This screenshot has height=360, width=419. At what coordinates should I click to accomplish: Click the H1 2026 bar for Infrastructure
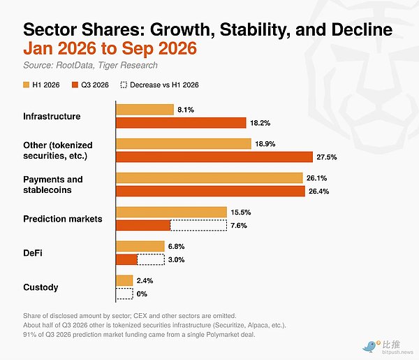[x=145, y=110]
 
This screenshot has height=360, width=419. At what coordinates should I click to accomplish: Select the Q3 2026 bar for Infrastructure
[x=181, y=123]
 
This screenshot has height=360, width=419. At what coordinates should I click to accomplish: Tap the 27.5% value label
[x=327, y=157]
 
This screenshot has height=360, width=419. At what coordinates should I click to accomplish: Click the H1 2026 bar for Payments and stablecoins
[x=209, y=178]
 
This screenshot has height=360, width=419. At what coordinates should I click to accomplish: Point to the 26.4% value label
[x=319, y=192]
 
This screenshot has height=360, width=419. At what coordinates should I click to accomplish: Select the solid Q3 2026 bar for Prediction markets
[x=143, y=226]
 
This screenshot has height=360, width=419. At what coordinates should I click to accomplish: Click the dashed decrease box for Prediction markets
[x=198, y=226]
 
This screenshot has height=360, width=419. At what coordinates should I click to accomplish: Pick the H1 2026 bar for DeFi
[x=140, y=246]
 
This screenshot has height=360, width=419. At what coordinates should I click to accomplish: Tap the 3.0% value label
[x=177, y=260]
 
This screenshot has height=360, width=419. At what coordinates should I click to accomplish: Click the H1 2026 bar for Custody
[x=124, y=280]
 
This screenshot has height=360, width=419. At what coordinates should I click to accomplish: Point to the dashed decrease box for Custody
[x=124, y=294]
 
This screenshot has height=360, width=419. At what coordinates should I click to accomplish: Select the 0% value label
[x=142, y=294]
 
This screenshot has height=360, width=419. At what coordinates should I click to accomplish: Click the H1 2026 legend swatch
[x=27, y=85]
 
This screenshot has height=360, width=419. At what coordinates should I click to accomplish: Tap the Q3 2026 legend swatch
[x=75, y=85]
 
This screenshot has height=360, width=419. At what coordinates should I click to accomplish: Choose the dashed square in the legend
[x=124, y=85]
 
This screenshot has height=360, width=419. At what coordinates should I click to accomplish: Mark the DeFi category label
[x=33, y=253]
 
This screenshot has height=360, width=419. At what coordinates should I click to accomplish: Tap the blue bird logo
[x=369, y=347]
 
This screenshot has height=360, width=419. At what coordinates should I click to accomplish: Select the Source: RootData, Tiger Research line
[x=90, y=65]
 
